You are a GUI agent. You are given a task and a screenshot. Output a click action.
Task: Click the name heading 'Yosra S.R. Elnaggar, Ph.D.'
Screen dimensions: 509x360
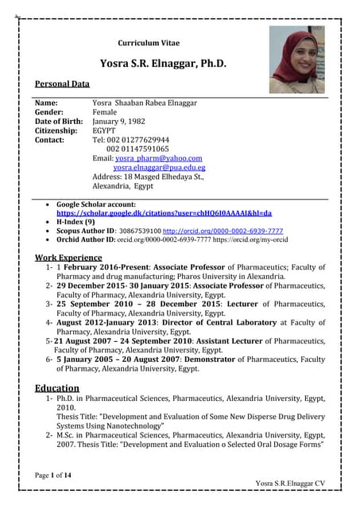point(163,64)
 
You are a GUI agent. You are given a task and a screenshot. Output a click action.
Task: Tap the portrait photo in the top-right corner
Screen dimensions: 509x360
point(296,60)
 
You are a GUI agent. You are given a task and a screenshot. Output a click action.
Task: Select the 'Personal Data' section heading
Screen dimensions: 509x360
point(62,84)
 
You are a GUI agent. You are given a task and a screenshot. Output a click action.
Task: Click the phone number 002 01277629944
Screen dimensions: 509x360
point(137,140)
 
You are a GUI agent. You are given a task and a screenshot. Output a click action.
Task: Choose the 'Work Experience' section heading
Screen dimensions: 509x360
point(68,257)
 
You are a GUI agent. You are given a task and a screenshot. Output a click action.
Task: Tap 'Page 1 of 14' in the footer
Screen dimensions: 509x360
point(54,475)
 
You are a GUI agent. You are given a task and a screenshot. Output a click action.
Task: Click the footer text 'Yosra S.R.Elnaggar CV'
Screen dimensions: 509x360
point(290,484)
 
